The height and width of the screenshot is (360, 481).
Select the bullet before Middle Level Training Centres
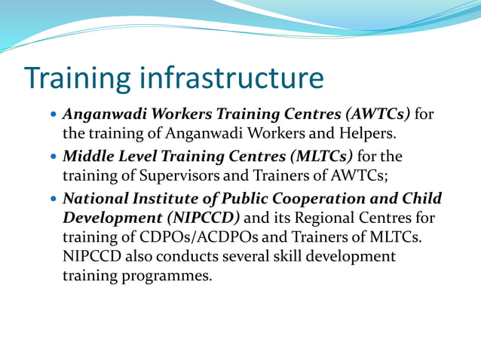coord(52,157)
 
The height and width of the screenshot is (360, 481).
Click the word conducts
coord(185,257)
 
